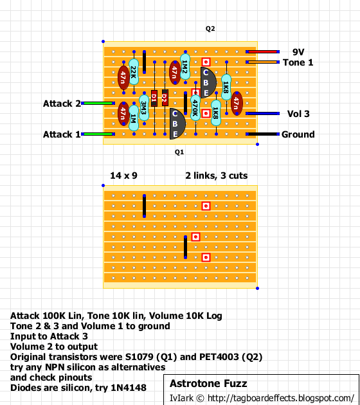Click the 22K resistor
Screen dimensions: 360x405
click(134, 72)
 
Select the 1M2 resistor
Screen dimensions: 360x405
click(185, 67)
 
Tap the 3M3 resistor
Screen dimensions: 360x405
click(144, 107)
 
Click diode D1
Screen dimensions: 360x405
click(154, 98)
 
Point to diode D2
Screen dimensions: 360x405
click(165, 98)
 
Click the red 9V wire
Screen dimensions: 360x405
click(263, 52)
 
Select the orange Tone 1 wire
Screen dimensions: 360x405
click(263, 62)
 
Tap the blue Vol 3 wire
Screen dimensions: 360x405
click(263, 113)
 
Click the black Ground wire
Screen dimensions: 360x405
click(263, 134)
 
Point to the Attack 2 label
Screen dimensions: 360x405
click(62, 104)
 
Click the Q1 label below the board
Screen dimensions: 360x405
click(179, 152)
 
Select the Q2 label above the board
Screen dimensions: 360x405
click(210, 29)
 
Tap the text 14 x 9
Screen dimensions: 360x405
click(123, 175)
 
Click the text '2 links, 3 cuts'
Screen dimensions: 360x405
click(217, 175)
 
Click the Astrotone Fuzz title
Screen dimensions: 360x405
click(208, 384)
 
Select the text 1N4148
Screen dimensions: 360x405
click(129, 388)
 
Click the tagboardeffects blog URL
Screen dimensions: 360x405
click(281, 399)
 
